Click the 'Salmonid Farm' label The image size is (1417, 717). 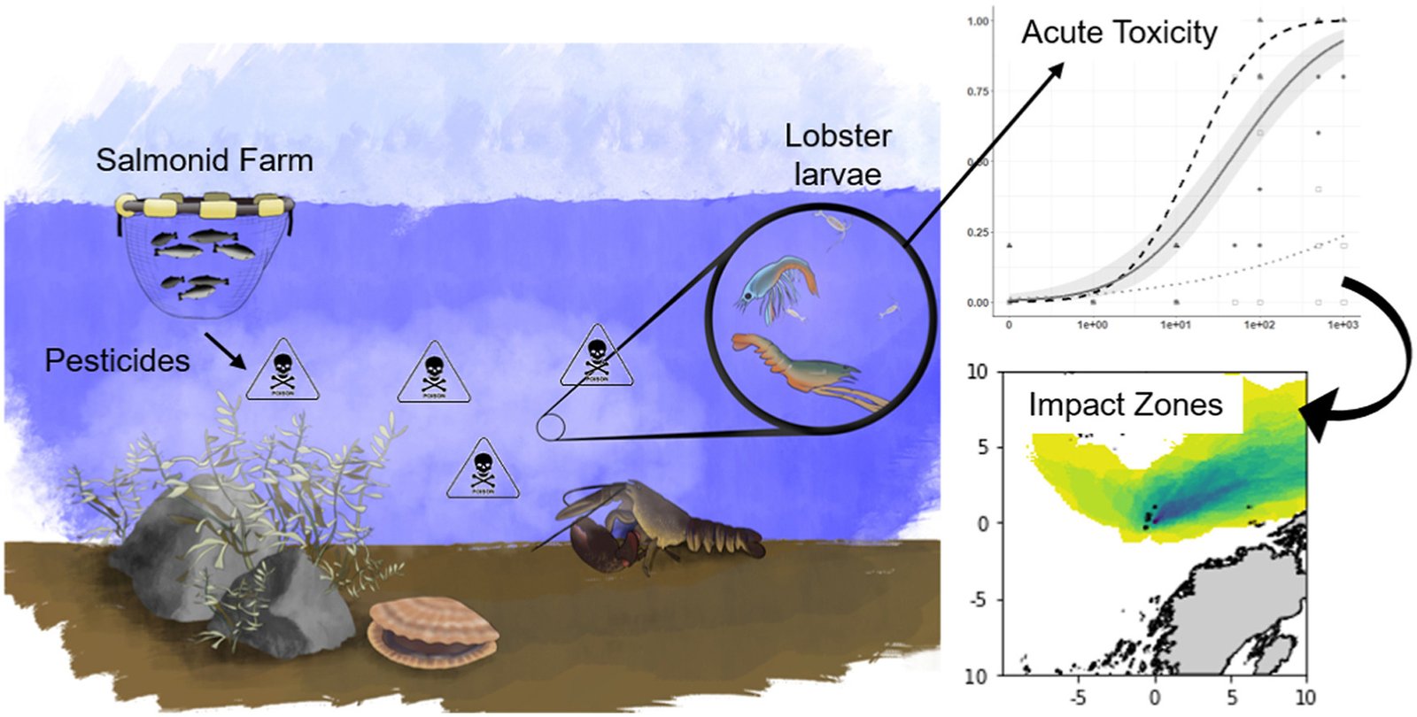pos(205,160)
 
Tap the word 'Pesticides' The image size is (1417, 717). pos(117,360)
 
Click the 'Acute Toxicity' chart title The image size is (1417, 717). pos(1119,33)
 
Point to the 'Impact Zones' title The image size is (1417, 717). pos(1125,405)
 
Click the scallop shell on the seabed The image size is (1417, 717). pos(432,631)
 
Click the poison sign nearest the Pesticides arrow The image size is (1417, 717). pos(282,369)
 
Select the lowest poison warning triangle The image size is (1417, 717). pos(482,469)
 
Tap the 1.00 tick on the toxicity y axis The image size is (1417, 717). pos(978,20)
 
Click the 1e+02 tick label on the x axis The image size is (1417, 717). pos(1258,325)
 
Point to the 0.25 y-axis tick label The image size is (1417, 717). pos(978,232)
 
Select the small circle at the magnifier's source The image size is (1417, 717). pos(550,428)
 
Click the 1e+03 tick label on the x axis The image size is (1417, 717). pos(1342,325)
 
